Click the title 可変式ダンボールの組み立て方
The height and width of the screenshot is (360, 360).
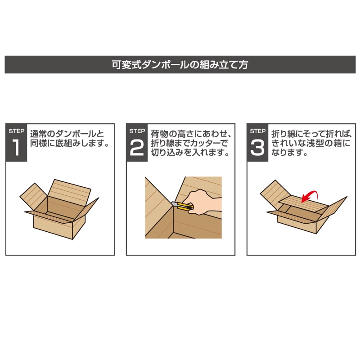coord(180,64)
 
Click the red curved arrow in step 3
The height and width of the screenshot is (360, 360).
coord(310,196)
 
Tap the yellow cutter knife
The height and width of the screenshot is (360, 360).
coord(183,207)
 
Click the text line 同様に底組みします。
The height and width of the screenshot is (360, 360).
coord(70,144)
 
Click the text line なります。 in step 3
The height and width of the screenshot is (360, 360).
coord(289,153)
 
